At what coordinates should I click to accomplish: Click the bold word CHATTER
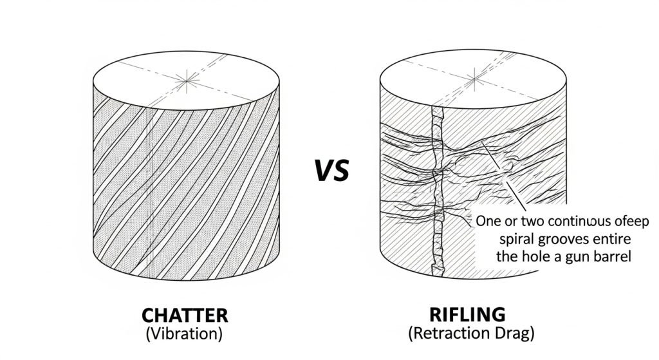point(185,316)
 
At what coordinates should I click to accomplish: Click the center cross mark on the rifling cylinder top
point(475,81)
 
